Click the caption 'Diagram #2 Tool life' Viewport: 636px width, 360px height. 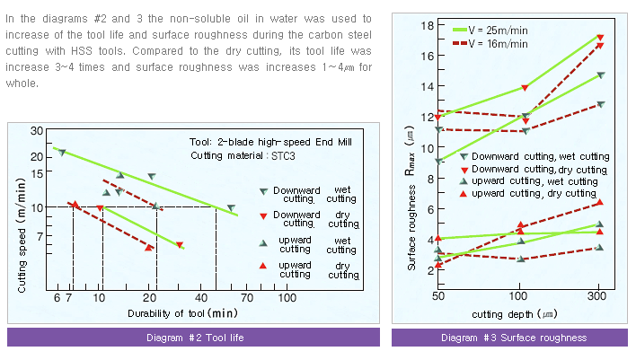point(195,338)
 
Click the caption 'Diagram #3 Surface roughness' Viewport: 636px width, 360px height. point(514,338)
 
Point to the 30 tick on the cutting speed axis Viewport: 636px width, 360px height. point(37,131)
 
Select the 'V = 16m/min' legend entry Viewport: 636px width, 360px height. point(507,43)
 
